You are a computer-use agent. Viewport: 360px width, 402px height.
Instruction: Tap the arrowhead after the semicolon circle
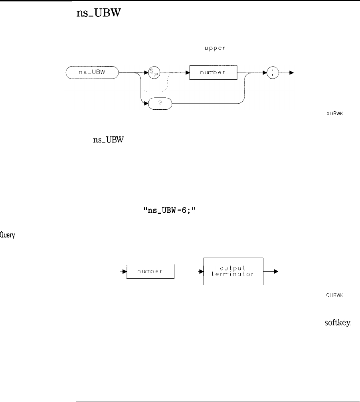click(292, 73)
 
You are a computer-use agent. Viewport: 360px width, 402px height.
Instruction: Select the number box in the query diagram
click(150, 272)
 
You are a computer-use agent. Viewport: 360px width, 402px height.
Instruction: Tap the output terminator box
click(233, 271)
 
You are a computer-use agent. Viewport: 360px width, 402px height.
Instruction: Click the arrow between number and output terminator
click(189, 272)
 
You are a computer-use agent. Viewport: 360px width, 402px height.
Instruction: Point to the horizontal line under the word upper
click(213, 60)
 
